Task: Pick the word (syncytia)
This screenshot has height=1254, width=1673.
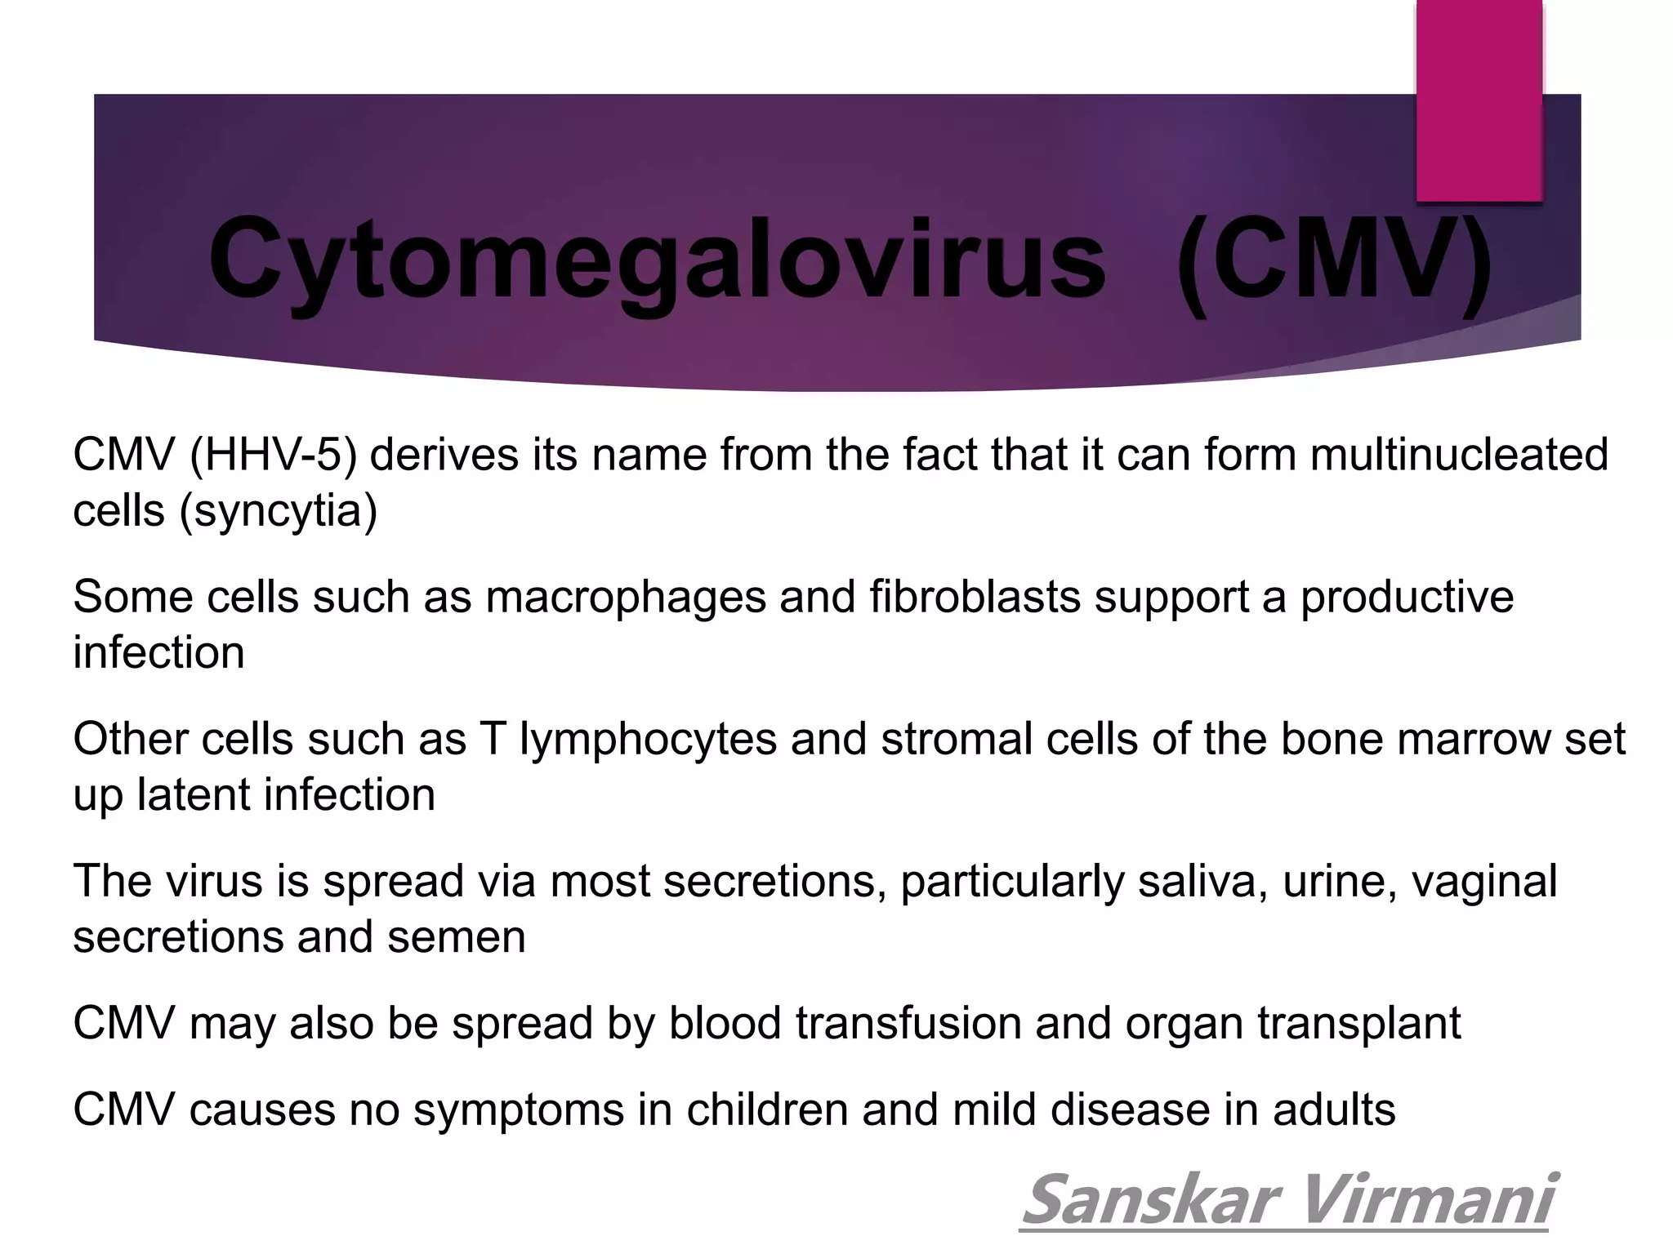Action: pyautogui.click(x=279, y=511)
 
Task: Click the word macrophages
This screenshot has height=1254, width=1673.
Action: pyautogui.click(x=626, y=596)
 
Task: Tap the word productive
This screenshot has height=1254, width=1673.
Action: pyautogui.click(x=1407, y=596)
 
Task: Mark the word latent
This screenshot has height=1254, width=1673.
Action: pyautogui.click(x=194, y=795)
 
